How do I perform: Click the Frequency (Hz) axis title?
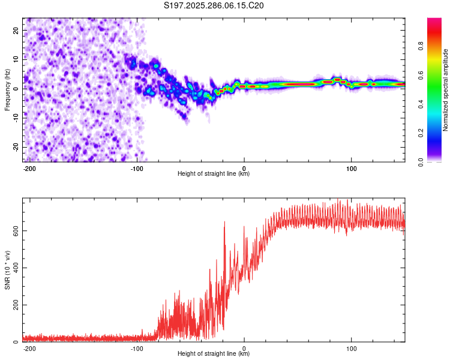click(x=7, y=89)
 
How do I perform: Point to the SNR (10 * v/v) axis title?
click(x=7, y=270)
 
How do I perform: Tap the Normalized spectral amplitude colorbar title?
click(x=446, y=89)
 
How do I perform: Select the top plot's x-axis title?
click(x=214, y=174)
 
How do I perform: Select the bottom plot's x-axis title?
click(x=214, y=354)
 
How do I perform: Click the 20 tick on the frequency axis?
click(x=17, y=29)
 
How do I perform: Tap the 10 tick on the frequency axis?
click(x=17, y=59)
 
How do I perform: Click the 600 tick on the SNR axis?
click(x=14, y=231)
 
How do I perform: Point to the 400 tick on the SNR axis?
click(x=14, y=268)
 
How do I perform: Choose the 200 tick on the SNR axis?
click(x=14, y=305)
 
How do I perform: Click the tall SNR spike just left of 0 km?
click(x=224, y=222)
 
